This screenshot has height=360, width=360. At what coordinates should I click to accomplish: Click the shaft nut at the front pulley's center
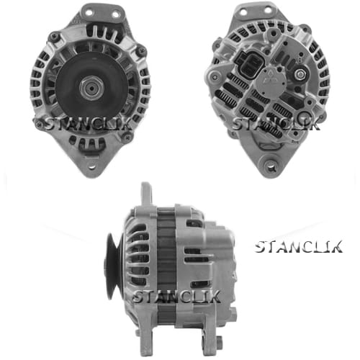click(x=91, y=88)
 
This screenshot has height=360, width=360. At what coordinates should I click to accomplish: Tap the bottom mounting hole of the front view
click(x=91, y=166)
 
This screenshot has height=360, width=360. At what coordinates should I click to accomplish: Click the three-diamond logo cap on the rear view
click(x=273, y=79)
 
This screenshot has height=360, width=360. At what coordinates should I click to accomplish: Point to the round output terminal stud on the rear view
click(x=300, y=75)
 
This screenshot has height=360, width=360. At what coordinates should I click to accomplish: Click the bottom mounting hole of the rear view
click(x=271, y=166)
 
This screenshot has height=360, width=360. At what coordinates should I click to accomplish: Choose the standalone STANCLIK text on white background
click(x=299, y=247)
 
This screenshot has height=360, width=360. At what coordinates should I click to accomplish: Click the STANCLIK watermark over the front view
click(x=88, y=124)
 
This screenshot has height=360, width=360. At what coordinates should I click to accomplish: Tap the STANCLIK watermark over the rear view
click(x=276, y=124)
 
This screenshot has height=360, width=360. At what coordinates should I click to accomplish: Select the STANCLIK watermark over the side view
click(x=176, y=296)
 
